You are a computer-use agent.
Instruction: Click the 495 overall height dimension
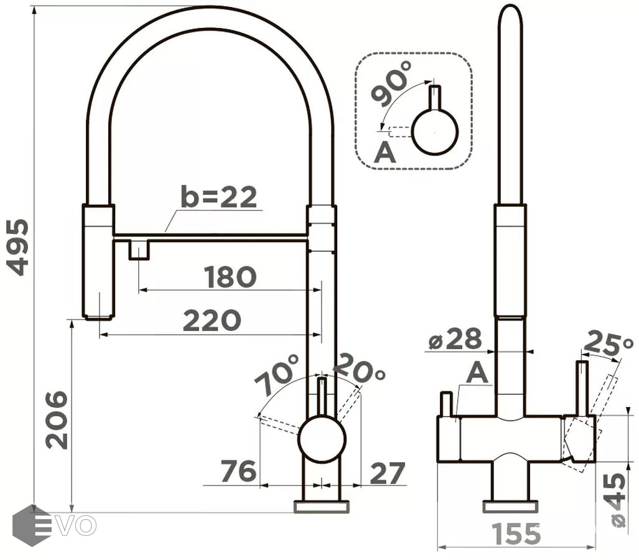coord(18,248)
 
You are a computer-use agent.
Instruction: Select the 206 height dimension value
coord(56,420)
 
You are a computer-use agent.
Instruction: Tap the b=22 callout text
coord(219,197)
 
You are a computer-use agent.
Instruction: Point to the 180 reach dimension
coord(230,277)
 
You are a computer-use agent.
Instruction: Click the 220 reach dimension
coord(212,320)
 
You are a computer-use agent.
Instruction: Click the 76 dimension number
coord(238,471)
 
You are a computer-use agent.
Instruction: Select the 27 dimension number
coord(387,473)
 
